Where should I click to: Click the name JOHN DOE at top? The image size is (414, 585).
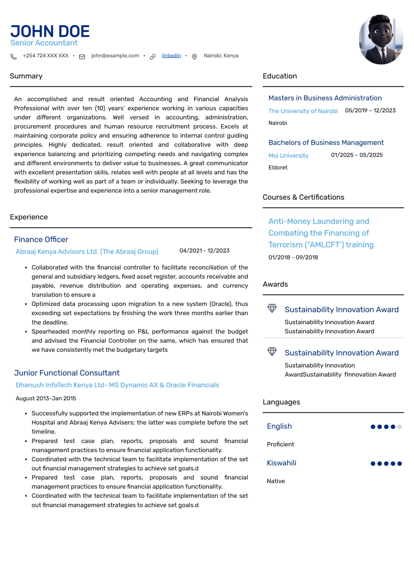[50, 31]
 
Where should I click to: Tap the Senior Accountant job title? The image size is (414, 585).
[44, 43]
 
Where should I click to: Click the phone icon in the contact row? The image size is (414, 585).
[14, 57]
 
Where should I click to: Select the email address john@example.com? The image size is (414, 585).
[115, 56]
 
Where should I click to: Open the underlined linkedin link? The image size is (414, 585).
[171, 56]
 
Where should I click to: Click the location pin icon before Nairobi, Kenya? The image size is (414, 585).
[194, 57]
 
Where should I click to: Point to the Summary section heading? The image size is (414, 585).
[26, 76]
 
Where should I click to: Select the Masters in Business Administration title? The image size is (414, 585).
[325, 98]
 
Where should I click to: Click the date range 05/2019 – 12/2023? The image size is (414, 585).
[370, 110]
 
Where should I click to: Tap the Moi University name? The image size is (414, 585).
[288, 155]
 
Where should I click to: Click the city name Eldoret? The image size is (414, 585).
[278, 167]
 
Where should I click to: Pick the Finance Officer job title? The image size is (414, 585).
[41, 240]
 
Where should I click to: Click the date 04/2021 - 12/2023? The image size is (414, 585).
[204, 250]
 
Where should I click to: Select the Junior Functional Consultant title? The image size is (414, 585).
[67, 373]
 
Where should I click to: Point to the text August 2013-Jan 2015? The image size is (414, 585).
[46, 398]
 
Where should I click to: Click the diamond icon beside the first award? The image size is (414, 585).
[272, 308]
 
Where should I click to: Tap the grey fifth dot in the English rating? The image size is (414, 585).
[399, 426]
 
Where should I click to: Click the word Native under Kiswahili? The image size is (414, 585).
[276, 481]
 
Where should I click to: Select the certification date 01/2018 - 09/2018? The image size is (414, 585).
[293, 257]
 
